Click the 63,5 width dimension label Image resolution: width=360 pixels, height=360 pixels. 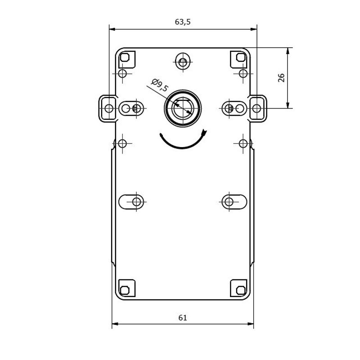[183, 22]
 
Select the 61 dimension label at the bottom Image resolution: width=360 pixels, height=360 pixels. [183, 318]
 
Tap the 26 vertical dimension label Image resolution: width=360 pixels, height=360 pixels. [281, 78]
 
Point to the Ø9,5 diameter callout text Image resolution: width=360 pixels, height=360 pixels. [160, 85]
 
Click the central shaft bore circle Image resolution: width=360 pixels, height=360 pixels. [183, 108]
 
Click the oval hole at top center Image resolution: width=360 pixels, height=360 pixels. [183, 62]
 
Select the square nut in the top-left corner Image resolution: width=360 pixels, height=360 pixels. [125, 57]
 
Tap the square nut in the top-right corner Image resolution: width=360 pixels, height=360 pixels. [241, 57]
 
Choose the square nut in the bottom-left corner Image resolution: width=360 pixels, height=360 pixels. [125, 290]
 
